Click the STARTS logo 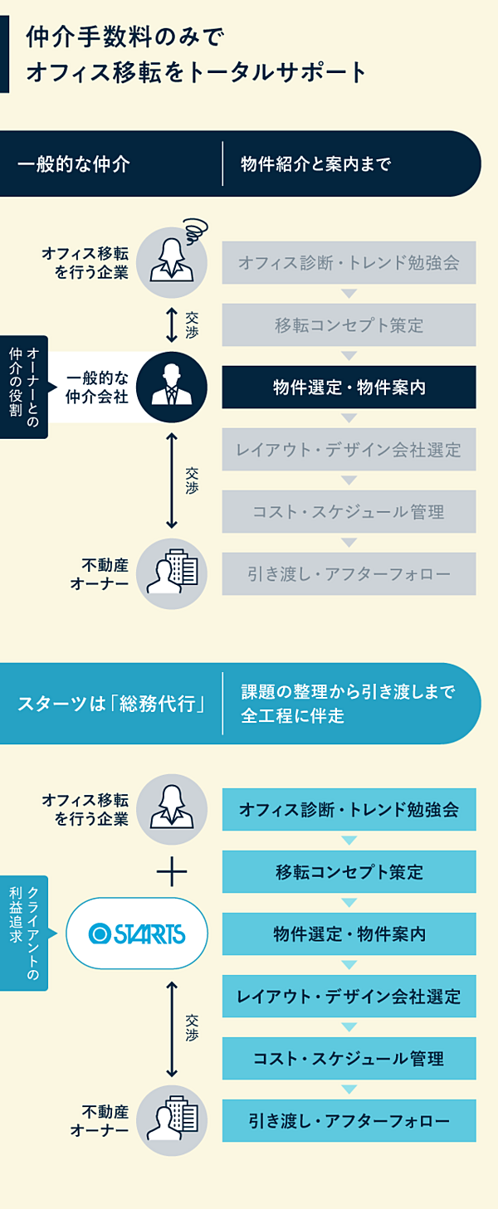coord(137,934)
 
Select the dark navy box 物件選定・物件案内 coord(349,388)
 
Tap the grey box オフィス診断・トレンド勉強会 coord(349,263)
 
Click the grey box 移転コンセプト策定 coord(349,325)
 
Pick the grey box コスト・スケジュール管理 coord(349,512)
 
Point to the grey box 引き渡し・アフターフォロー coord(349,574)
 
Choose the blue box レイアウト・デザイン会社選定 coord(349,997)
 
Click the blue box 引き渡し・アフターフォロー coord(349,1121)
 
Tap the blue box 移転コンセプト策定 coord(349,872)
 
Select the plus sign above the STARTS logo coord(172,871)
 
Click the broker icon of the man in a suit coord(172,388)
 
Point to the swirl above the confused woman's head coord(195,227)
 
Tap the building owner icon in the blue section coord(172,1121)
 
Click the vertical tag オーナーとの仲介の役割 coord(23,387)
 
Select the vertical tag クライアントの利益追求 coord(23,933)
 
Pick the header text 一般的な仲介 coord(74,163)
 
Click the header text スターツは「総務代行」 coord(111,704)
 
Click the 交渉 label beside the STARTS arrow coord(193,1028)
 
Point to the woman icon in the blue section coord(172,809)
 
